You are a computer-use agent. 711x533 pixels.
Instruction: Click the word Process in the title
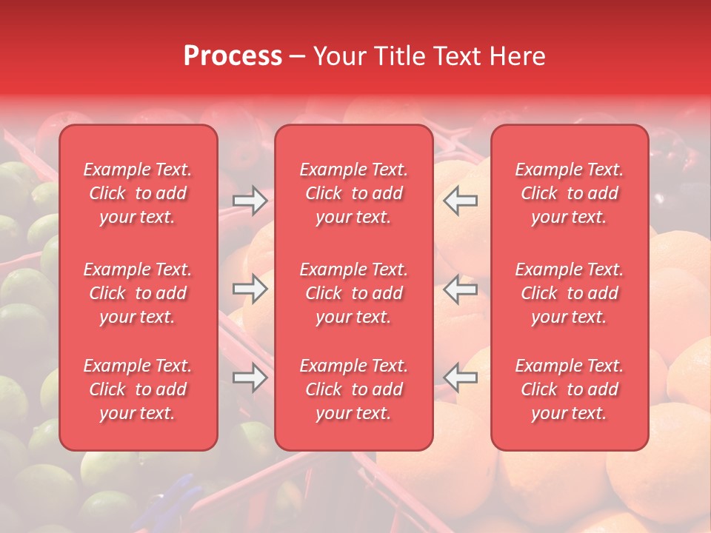point(233,56)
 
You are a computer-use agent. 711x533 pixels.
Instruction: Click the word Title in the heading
point(399,56)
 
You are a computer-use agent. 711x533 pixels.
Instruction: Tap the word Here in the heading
point(516,56)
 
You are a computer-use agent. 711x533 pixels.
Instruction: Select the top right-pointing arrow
point(250,201)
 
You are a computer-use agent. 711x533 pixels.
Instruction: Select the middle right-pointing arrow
point(250,289)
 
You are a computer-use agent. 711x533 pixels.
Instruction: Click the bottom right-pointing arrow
point(250,378)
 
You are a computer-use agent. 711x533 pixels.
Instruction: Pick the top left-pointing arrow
point(461,201)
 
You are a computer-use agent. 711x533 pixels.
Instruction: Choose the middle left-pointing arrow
point(461,289)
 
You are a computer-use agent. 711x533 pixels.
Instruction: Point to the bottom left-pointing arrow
point(461,378)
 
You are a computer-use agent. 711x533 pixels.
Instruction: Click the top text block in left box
point(138,193)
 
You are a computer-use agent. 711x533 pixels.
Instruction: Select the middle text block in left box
point(138,293)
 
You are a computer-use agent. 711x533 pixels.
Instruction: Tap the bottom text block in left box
point(138,389)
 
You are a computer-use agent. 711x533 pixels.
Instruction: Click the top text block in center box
point(354,193)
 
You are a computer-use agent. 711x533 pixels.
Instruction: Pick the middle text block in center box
point(354,293)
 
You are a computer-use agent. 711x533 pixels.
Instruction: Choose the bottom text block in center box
point(354,389)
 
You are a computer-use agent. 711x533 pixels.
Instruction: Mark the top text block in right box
point(570,193)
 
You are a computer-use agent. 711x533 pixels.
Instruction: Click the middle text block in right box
point(570,293)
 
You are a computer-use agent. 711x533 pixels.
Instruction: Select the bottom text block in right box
point(570,389)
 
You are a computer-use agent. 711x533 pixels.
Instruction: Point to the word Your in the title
point(338,56)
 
